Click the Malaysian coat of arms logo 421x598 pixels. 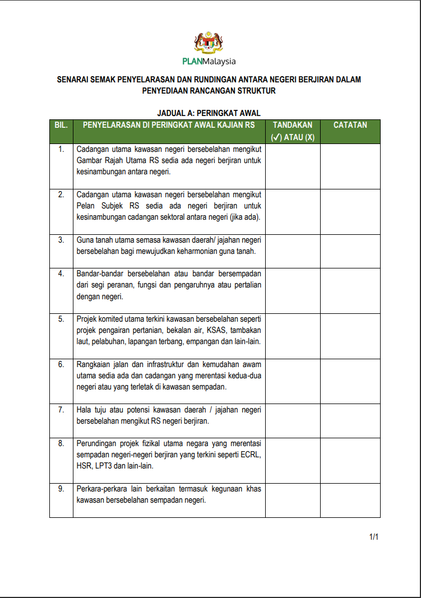point(209,43)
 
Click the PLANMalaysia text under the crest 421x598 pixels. point(209,62)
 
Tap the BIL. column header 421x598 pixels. point(61,125)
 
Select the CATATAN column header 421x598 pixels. point(350,125)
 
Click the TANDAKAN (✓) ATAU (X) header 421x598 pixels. point(293,131)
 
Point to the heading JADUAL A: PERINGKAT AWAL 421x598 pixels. point(209,113)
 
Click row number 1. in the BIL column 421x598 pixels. point(61,149)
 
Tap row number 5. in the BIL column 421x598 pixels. point(61,319)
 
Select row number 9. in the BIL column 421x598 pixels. point(61,489)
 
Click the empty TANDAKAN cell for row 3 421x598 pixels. point(293,251)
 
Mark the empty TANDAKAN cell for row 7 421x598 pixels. point(293,420)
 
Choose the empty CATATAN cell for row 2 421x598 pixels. point(350,211)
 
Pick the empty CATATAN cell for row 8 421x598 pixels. point(350,460)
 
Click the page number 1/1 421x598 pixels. point(374,537)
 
